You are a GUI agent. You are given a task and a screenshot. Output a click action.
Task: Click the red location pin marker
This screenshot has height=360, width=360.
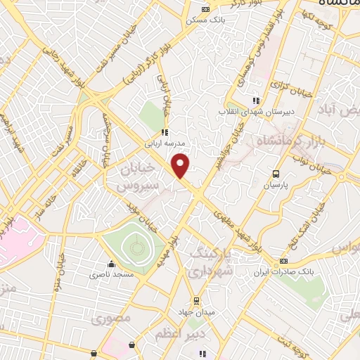181,165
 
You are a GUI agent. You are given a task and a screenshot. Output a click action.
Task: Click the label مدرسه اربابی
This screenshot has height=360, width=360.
163,142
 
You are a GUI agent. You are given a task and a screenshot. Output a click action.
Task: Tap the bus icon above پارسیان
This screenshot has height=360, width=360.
276,173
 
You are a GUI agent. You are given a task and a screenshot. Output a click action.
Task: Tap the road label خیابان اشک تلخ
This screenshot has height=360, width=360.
314,219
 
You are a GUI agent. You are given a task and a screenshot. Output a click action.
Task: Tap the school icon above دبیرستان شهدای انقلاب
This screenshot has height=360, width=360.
256,101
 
